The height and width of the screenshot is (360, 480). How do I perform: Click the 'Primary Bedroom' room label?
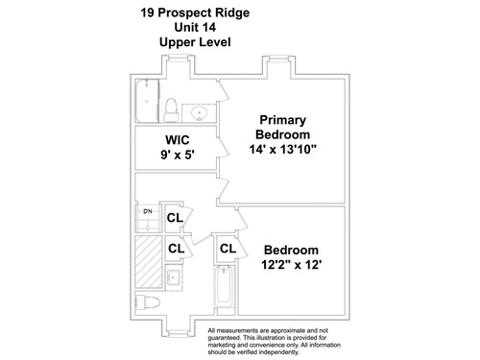[283, 127]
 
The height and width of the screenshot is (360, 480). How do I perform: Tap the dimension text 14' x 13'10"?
[283, 149]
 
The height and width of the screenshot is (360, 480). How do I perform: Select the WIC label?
[178, 140]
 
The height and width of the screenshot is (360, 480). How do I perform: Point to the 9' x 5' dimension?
[178, 155]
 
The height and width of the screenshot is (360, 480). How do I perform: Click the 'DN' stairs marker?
[148, 211]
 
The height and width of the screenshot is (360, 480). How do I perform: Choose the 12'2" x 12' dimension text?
[291, 265]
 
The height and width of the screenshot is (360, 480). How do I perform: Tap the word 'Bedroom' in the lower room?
[291, 250]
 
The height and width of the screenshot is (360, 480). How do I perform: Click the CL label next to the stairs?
[175, 218]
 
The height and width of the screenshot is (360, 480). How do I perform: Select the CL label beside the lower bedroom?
[228, 249]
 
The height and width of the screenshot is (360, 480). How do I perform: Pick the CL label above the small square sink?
[177, 249]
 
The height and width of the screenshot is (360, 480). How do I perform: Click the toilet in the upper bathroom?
[171, 109]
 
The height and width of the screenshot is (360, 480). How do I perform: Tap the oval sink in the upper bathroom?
[199, 113]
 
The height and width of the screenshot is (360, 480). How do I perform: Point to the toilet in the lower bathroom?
[148, 302]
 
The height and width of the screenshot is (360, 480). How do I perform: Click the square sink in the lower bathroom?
[174, 277]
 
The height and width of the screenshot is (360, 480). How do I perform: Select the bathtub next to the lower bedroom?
[224, 287]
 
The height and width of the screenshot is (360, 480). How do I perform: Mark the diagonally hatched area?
[149, 262]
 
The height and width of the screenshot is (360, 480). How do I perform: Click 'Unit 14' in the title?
[195, 27]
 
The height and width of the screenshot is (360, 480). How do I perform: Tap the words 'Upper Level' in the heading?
[195, 42]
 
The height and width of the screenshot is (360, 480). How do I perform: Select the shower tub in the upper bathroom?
[147, 101]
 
